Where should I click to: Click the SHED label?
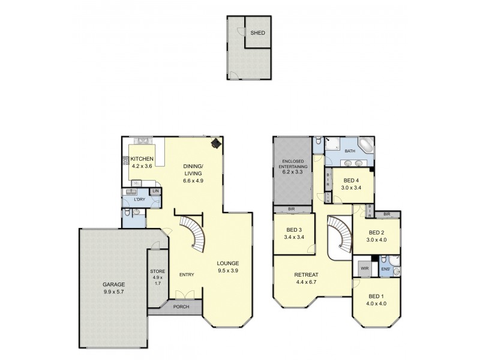tap(258, 34)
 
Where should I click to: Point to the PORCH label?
tap(181, 307)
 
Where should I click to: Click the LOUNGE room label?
tap(229, 263)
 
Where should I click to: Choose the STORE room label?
tap(157, 272)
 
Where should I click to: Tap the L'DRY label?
tap(140, 199)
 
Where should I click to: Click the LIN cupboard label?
tap(155, 191)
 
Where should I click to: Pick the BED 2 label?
tap(376, 233)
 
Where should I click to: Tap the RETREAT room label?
tap(306, 275)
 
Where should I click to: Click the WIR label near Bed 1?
tap(364, 268)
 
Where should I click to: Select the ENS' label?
tap(385, 270)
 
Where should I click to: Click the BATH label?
tap(350, 151)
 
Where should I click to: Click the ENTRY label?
tap(187, 275)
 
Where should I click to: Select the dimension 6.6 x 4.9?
tap(194, 179)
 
